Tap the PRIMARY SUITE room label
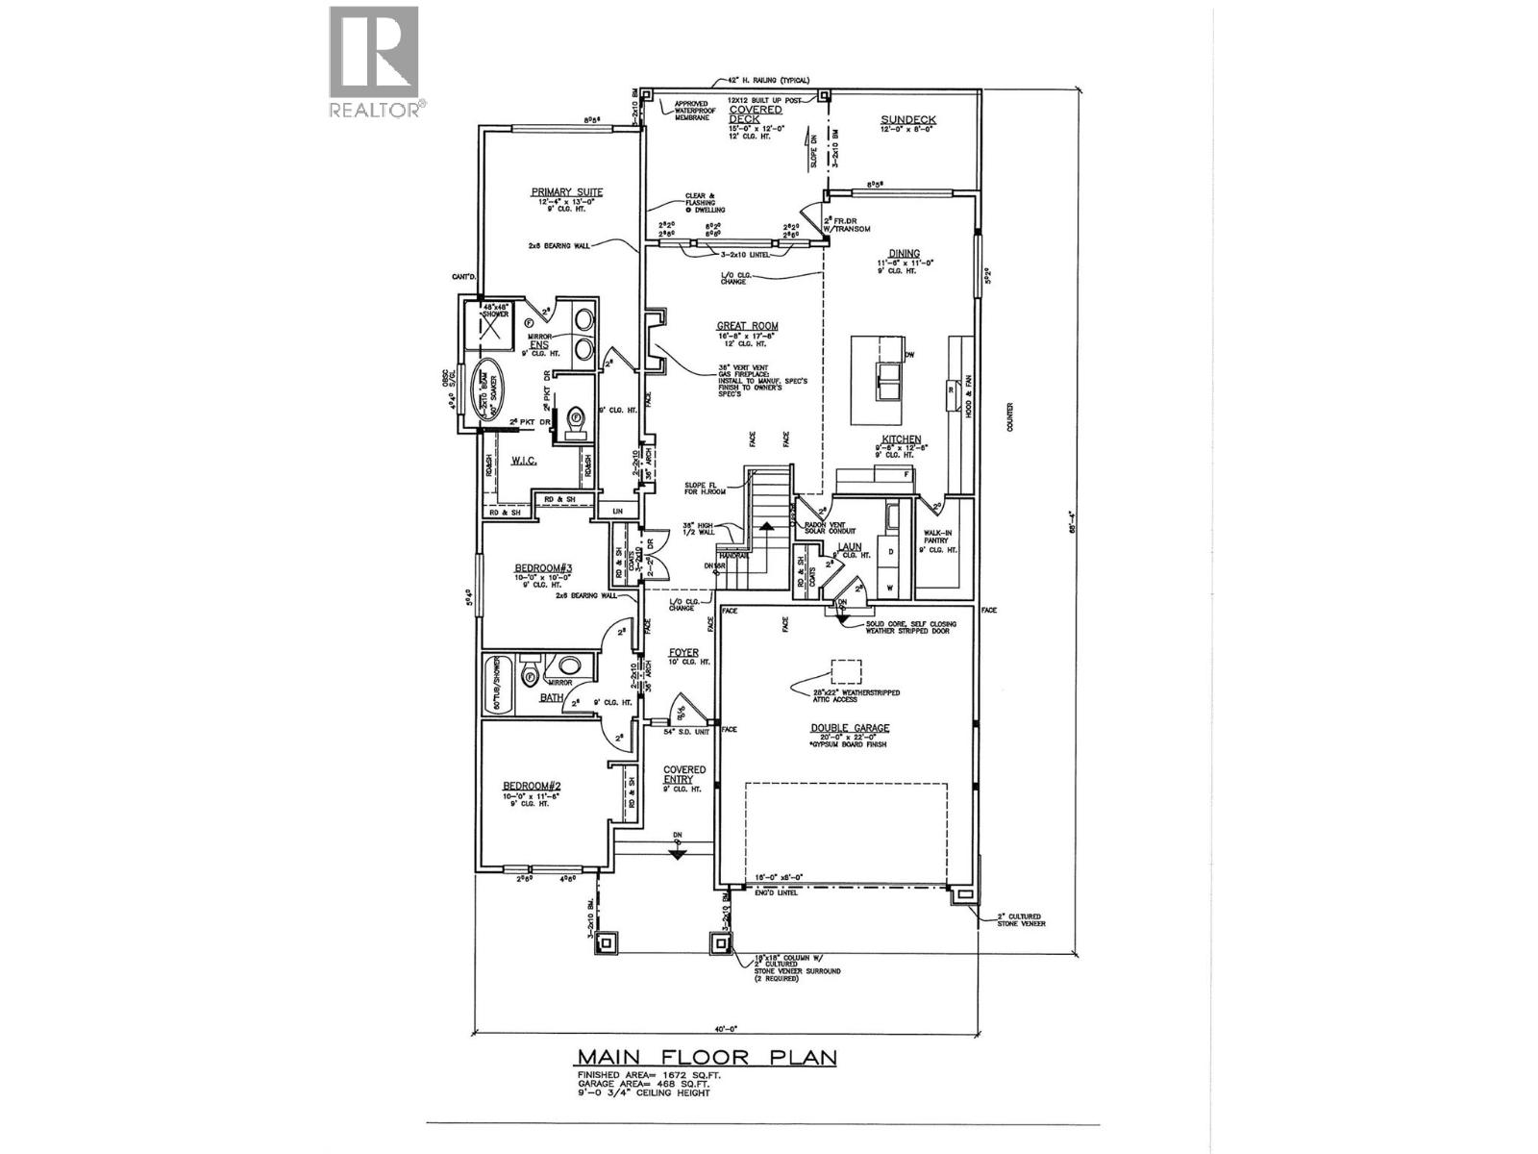[567, 192]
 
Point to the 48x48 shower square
[491, 328]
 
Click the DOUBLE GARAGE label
[848, 728]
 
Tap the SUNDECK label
[908, 120]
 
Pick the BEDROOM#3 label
[543, 568]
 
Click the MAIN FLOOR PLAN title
[707, 1058]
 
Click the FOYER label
[683, 652]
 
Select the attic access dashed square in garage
[847, 672]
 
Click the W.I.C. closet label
[523, 463]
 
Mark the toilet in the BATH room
[531, 676]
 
